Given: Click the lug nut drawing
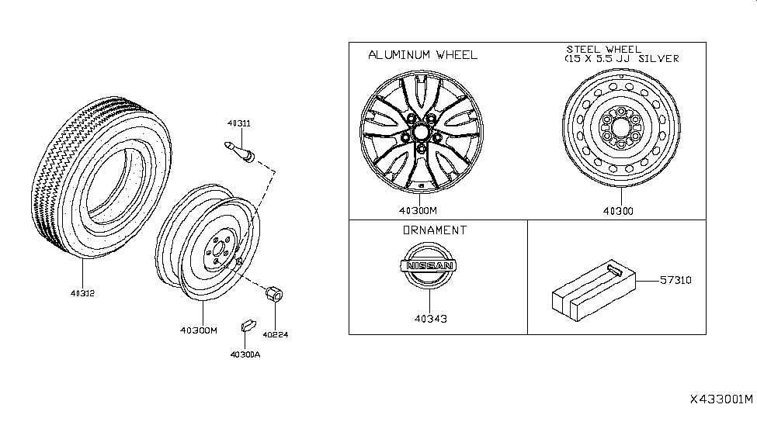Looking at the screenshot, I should pyautogui.click(x=273, y=296).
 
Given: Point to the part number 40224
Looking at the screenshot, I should pyautogui.click(x=274, y=335).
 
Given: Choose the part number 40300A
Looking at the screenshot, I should pyautogui.click(x=245, y=354).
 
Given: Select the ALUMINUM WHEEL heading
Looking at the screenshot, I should pyautogui.click(x=422, y=55).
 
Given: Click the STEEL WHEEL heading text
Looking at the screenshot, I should pyautogui.click(x=603, y=50).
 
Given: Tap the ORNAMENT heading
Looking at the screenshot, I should pyautogui.click(x=435, y=230).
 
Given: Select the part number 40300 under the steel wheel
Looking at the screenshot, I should pyautogui.click(x=620, y=210).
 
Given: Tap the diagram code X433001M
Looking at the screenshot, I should pyautogui.click(x=721, y=400).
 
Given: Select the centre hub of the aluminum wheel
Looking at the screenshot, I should pyautogui.click(x=419, y=132).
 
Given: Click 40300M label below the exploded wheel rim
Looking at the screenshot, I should pyautogui.click(x=200, y=330).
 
